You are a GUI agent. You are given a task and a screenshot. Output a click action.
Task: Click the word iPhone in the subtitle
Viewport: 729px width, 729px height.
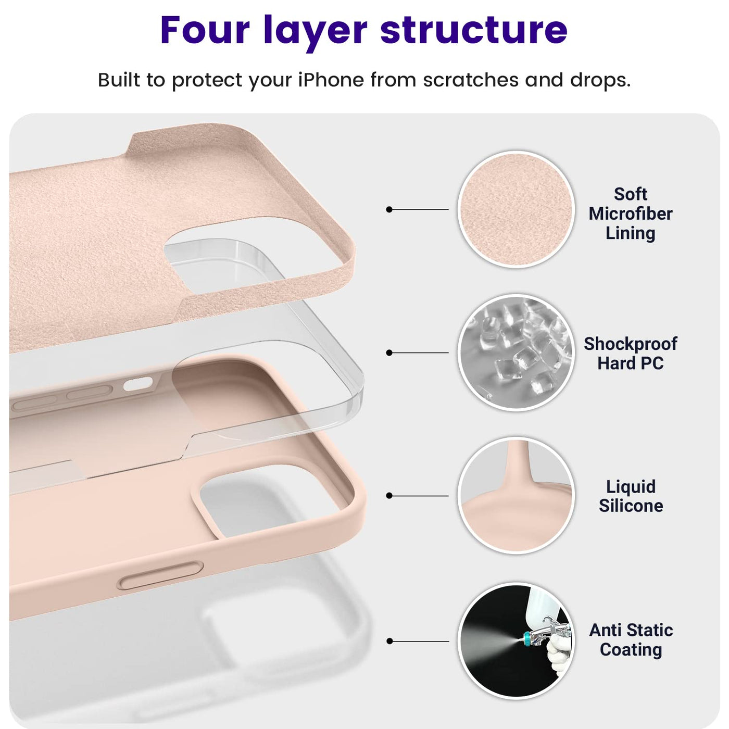click(x=331, y=80)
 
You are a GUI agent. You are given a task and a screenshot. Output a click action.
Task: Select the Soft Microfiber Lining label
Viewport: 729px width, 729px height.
click(x=630, y=213)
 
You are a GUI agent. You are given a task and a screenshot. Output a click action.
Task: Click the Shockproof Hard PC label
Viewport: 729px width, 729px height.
click(x=630, y=354)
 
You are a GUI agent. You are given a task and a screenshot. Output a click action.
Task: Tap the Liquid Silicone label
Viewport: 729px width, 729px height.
click(x=631, y=496)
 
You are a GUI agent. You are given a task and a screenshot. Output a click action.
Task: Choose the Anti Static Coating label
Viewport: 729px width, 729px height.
click(x=631, y=640)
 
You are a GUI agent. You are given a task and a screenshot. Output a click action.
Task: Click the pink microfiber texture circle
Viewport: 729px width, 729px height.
click(x=517, y=209)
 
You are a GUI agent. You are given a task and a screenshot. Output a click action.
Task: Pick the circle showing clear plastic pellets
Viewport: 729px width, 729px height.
click(x=517, y=353)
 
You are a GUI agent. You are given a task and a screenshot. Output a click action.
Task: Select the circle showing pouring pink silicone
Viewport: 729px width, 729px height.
click(x=517, y=496)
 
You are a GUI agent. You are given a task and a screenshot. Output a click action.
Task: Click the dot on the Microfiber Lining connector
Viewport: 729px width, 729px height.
click(x=389, y=209)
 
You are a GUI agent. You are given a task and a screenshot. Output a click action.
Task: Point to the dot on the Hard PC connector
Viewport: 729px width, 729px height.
click(x=389, y=353)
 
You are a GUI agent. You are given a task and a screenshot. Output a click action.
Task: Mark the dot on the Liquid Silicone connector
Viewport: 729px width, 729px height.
click(x=389, y=496)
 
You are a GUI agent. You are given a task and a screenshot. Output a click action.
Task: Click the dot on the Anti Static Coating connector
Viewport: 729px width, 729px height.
click(x=389, y=641)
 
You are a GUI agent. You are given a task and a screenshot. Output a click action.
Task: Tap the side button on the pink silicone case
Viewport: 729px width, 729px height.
click(x=160, y=575)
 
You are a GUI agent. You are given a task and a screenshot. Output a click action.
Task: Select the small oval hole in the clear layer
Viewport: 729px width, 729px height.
click(x=137, y=384)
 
